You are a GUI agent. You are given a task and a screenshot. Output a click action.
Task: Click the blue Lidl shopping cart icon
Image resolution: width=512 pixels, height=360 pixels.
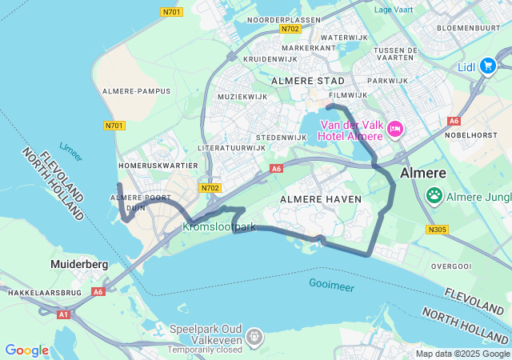tap(487, 66)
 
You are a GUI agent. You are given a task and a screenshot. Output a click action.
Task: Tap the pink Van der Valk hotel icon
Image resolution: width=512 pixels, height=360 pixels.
tap(394, 129)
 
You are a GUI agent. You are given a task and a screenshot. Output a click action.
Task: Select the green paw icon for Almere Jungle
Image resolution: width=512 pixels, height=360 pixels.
tap(434, 194)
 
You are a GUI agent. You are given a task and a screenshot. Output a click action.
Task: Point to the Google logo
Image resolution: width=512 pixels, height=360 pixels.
tap(26, 350)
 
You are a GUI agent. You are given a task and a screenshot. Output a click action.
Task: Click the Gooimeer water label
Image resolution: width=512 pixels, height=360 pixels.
tap(332, 284)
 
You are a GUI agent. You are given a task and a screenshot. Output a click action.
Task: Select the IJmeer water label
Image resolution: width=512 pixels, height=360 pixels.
tap(70, 153)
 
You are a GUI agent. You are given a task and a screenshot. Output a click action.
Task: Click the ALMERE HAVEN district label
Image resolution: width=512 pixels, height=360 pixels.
tap(321, 198)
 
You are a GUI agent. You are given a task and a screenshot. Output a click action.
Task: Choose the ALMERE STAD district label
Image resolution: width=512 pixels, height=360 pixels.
tap(308, 82)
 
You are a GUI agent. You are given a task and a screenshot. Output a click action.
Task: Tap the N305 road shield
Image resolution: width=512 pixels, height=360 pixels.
tap(438, 230)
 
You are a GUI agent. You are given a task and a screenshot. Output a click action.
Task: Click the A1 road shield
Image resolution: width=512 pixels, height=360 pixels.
tap(63, 314)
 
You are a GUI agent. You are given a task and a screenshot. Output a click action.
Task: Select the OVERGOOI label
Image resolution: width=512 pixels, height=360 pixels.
tap(452, 266)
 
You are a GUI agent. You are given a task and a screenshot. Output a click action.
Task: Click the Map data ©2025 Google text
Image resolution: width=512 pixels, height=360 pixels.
tap(462, 354)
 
